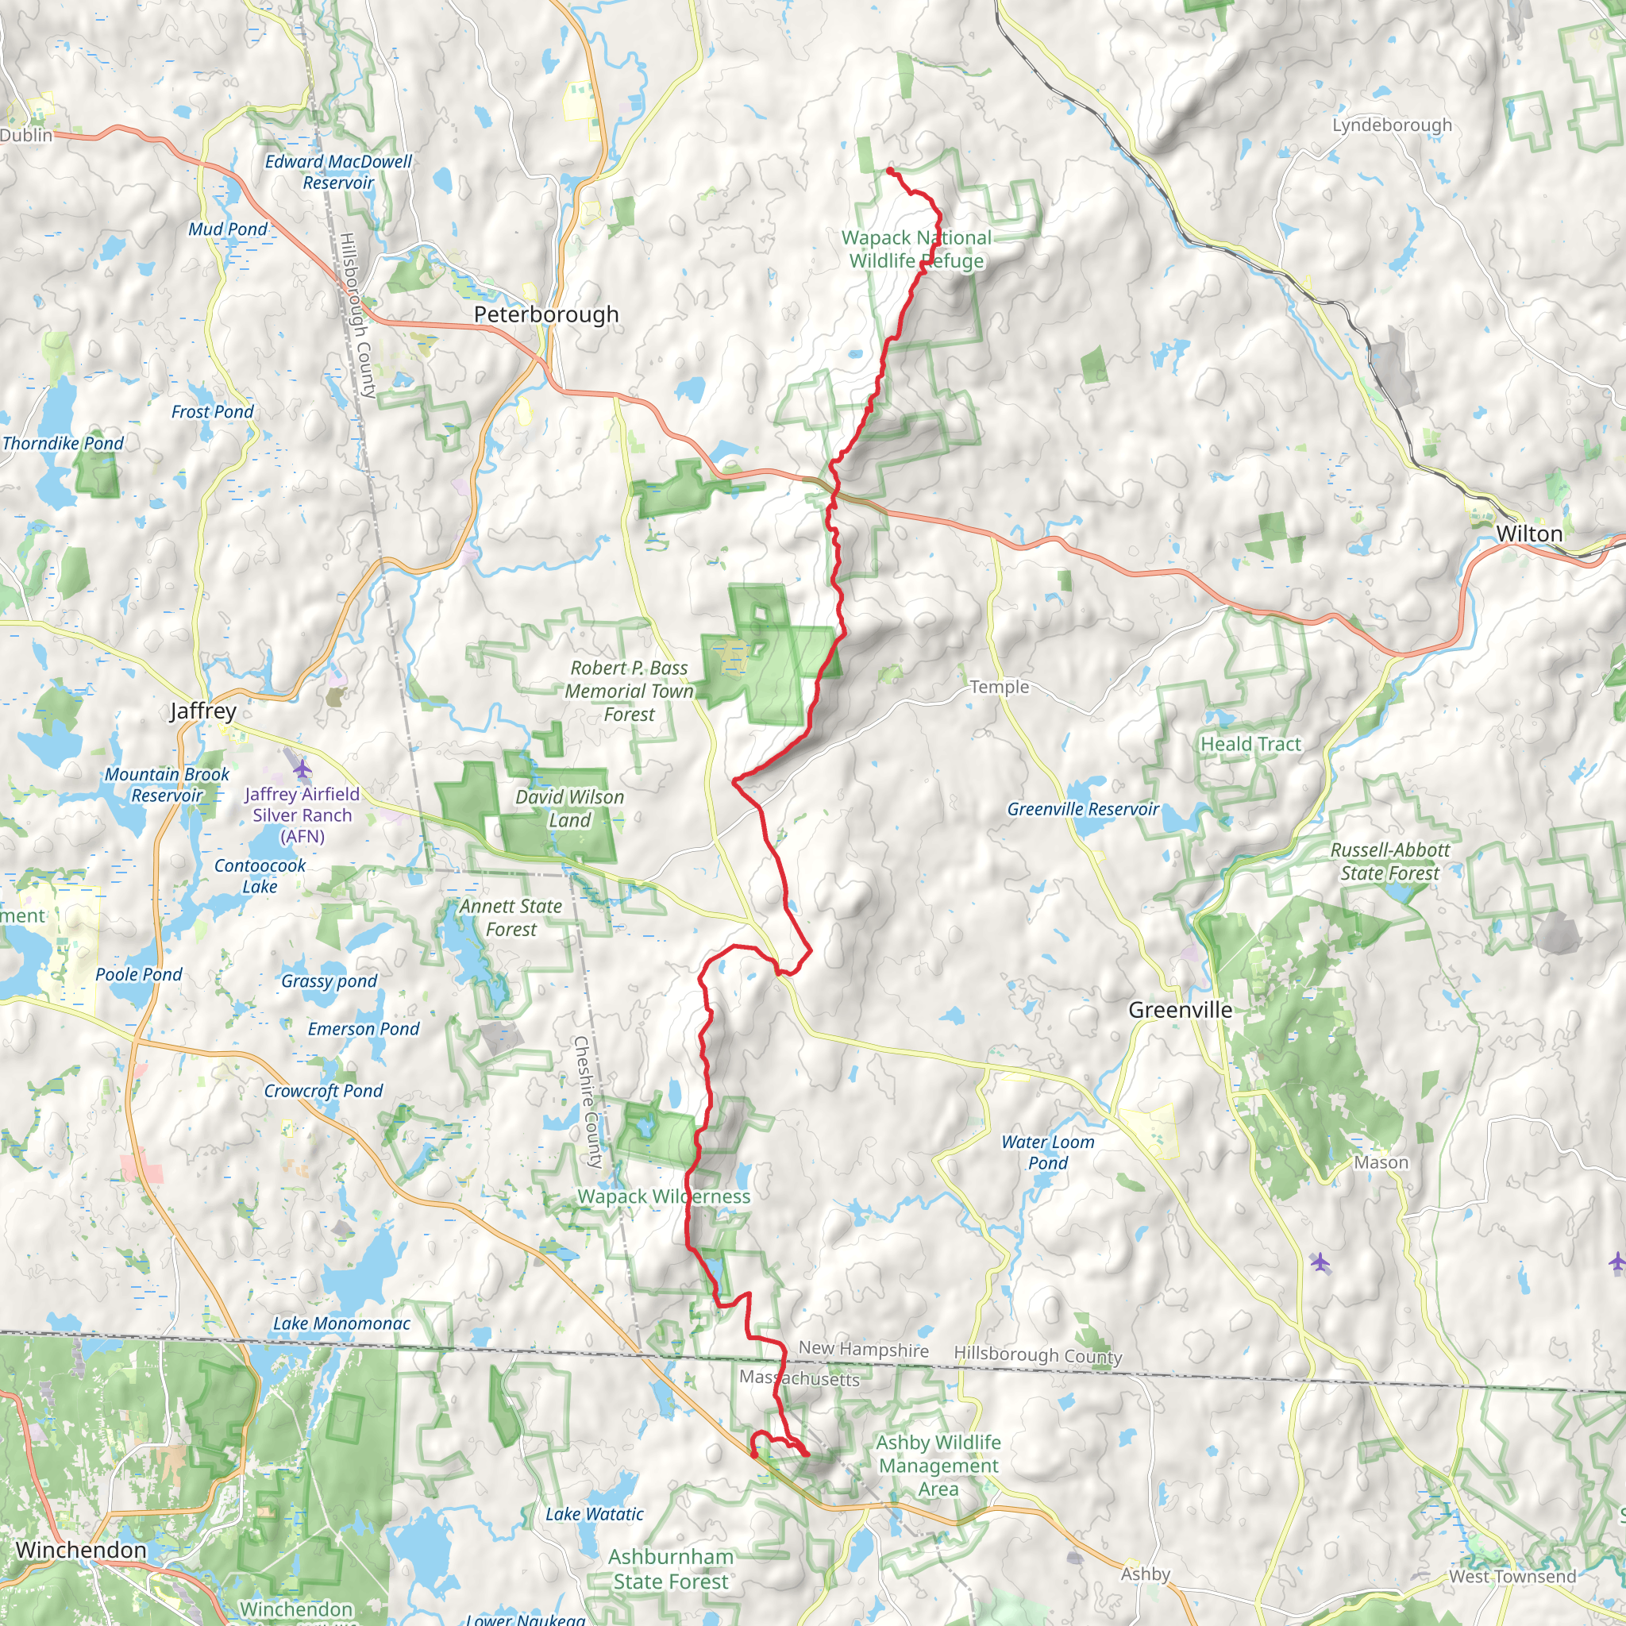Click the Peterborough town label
point(546,314)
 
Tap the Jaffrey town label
point(202,711)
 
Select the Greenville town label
point(1180,1010)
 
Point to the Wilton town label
point(1529,534)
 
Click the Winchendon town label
point(81,1550)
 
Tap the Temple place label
point(999,687)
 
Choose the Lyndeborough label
point(1392,125)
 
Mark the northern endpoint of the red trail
point(889,171)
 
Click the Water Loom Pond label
point(1048,1152)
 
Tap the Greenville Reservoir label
point(1083,809)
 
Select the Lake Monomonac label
point(341,1324)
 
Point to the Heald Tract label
point(1250,744)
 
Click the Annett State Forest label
point(511,917)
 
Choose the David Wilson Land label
point(570,808)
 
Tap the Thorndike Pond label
point(64,444)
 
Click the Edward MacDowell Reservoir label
point(338,171)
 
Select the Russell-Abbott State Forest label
point(1390,861)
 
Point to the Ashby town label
point(1145,1574)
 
